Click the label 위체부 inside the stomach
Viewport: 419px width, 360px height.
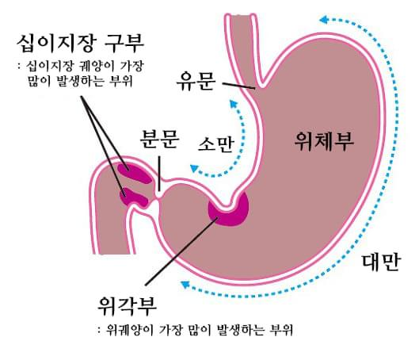pos(324,141)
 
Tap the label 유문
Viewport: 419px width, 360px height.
pos(196,81)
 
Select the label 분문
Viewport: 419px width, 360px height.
pos(159,139)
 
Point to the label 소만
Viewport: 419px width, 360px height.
pos(216,144)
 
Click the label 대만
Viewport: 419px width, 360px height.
pos(381,262)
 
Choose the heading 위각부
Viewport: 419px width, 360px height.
pos(128,307)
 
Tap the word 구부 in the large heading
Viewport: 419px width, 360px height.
pos(124,44)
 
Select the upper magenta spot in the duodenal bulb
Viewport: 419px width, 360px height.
pos(135,174)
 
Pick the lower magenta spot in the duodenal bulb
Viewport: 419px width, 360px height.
pos(134,197)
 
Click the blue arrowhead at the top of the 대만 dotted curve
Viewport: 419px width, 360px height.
pos(324,20)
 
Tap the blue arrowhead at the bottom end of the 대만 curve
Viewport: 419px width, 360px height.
pos(185,285)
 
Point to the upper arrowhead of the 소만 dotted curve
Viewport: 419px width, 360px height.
pos(234,104)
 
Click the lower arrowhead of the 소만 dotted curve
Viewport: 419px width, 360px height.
pos(194,168)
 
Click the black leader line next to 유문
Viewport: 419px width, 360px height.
pos(238,86)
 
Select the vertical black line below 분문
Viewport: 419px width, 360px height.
pos(159,174)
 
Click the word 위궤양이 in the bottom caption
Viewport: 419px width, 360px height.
pos(130,331)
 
